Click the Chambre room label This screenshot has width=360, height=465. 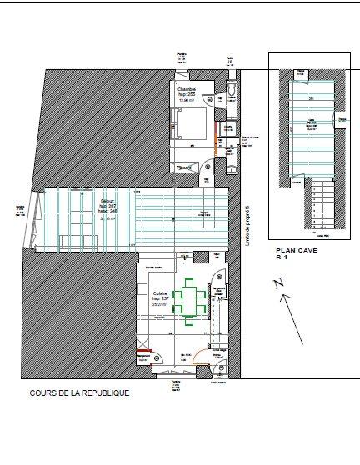coord(184,89)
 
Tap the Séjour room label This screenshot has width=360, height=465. coord(107,201)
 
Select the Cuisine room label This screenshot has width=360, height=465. coord(162,293)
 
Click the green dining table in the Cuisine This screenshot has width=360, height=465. coord(194,302)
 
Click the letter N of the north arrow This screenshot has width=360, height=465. coord(277,285)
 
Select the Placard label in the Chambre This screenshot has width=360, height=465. coord(182,167)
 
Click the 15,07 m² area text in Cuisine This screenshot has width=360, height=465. coord(162,305)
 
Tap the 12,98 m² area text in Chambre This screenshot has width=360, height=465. coord(184,101)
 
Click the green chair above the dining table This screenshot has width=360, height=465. coord(194,282)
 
